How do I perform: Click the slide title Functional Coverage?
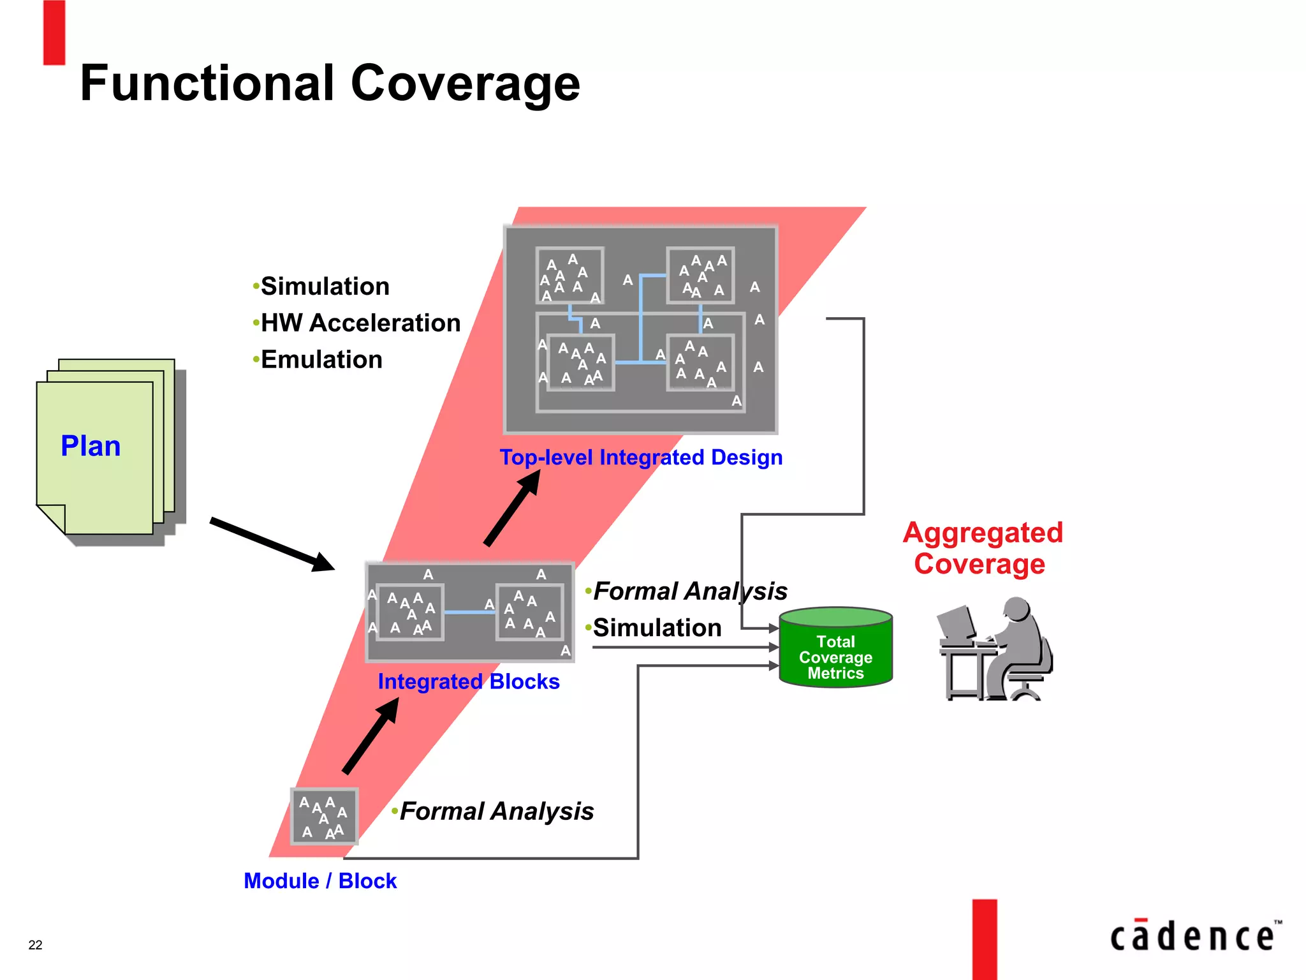coord(330,84)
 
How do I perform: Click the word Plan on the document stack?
coord(91,446)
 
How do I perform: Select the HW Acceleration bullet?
coord(360,323)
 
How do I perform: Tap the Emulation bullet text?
coord(321,360)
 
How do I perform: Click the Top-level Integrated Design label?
coord(641,457)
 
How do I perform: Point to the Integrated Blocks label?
coord(469,681)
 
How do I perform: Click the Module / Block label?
coord(320,881)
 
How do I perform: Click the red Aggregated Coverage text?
coord(982,548)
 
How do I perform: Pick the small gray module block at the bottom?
coord(324,817)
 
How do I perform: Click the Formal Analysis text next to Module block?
coord(497,812)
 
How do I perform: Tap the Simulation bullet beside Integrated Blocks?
coord(657,628)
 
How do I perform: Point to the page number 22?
coord(36,945)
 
